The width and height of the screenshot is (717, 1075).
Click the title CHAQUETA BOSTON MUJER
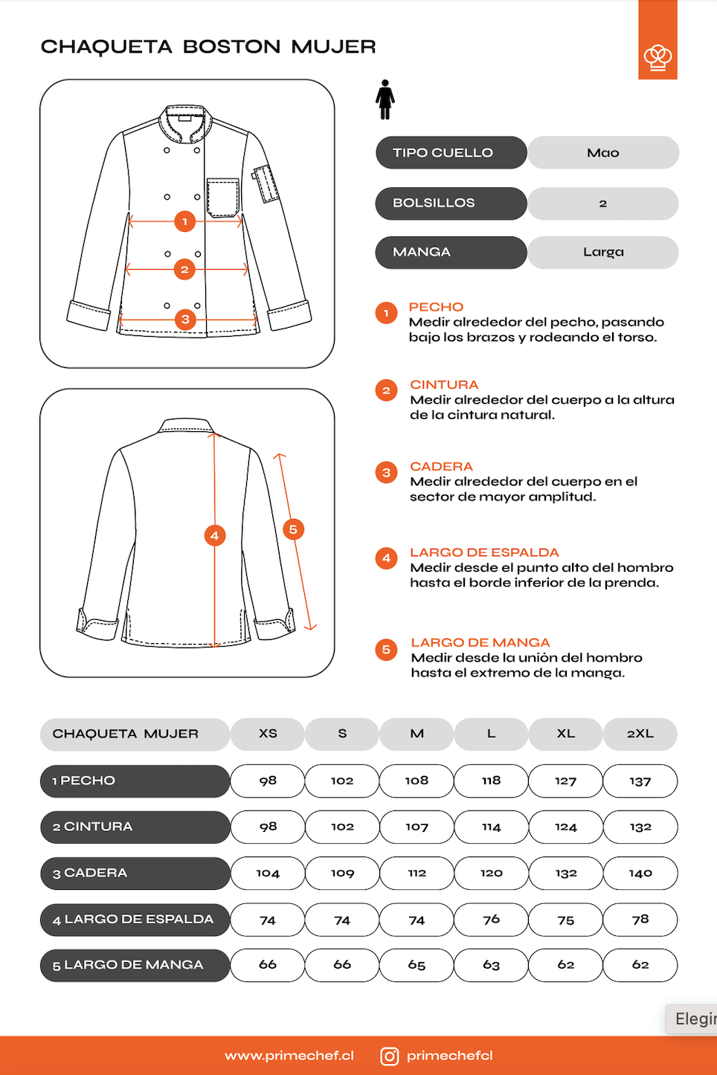pos(208,47)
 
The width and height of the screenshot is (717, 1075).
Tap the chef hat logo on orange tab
pos(657,57)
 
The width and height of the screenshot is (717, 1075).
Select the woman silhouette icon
pos(385,100)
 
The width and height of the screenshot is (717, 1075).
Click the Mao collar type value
pos(603,152)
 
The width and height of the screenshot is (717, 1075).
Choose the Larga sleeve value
pos(603,252)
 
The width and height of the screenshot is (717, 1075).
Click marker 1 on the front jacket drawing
pos(185,221)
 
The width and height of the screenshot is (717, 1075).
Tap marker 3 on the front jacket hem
pos(185,320)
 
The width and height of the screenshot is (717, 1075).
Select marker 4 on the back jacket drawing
pos(215,535)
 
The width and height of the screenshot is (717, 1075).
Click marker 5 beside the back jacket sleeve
pos(293,529)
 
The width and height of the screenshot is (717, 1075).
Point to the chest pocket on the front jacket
pos(222,197)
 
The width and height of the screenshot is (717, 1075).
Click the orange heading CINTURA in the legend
pos(444,384)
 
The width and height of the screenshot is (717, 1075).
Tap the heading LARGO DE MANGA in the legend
pos(480,642)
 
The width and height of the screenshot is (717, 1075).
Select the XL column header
pos(566,733)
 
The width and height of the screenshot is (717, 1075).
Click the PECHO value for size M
pos(417,781)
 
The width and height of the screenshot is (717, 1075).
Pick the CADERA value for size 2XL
pos(640,873)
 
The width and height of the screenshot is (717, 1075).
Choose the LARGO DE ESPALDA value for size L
pos(492,920)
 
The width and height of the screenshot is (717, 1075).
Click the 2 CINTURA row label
pos(135,827)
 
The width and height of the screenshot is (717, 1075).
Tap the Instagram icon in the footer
pos(390,1056)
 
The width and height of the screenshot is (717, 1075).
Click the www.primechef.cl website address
pos(289,1056)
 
